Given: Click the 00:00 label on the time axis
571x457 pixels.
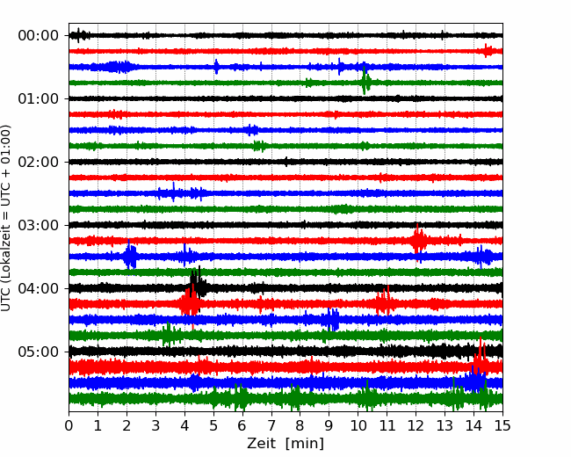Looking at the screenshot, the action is (x=39, y=36).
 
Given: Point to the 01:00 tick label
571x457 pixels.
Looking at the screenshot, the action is (x=39, y=98).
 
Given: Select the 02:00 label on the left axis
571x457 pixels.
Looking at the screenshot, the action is (x=39, y=162).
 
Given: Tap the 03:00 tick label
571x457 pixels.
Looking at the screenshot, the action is (x=39, y=225).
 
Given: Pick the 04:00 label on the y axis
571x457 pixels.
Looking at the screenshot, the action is (x=39, y=288).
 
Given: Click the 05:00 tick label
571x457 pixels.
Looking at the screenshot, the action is (x=39, y=352).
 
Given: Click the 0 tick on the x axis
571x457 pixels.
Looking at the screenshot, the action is (x=69, y=425).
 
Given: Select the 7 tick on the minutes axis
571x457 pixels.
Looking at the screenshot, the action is (x=271, y=425).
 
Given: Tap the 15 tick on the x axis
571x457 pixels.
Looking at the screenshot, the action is (x=502, y=425).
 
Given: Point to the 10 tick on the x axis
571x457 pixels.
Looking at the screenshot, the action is (x=358, y=425).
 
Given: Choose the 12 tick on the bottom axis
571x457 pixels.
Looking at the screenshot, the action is (x=416, y=425).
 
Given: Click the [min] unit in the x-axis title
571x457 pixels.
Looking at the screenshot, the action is (x=305, y=444).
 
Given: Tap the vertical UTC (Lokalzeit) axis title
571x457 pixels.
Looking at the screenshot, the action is (x=6, y=218).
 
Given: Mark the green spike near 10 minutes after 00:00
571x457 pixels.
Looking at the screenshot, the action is (x=365, y=81).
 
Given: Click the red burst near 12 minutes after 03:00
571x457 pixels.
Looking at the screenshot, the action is (x=417, y=239).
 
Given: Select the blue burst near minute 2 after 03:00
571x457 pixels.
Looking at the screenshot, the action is (x=130, y=255).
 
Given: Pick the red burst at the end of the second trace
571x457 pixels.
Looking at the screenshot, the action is (x=488, y=51).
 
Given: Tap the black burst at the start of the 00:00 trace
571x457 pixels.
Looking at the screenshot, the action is (x=80, y=35).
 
